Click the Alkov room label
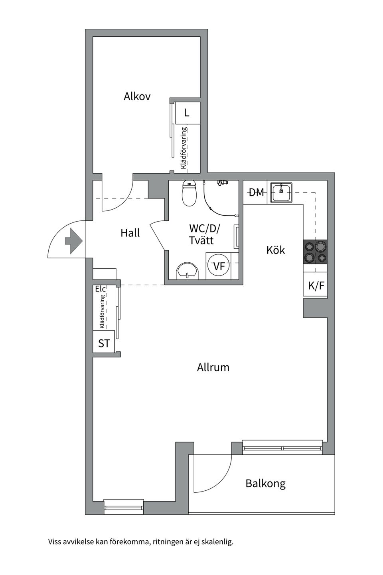click(x=137, y=97)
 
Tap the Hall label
click(x=130, y=233)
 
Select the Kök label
click(x=276, y=250)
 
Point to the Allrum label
click(x=213, y=367)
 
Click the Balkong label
click(x=265, y=484)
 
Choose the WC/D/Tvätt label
click(x=204, y=234)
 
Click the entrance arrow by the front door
click(x=73, y=241)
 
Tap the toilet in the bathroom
click(x=189, y=193)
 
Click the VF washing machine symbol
click(x=219, y=266)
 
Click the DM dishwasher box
click(x=256, y=192)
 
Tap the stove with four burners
click(x=315, y=252)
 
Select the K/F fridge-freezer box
click(x=316, y=286)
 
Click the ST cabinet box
click(x=104, y=343)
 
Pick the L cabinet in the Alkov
click(x=186, y=113)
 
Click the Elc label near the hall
click(x=100, y=289)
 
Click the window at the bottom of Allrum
click(x=123, y=505)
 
